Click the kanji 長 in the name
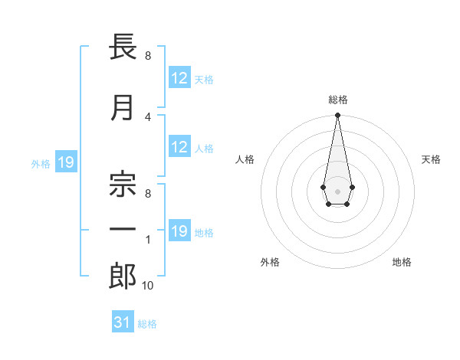123,47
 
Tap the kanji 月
123,109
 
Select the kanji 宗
123,178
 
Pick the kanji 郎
123,277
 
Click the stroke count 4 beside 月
148,116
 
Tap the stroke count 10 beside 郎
148,286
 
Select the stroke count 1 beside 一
148,240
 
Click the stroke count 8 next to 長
148,56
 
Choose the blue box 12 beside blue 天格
179,78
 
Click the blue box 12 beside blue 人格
179,148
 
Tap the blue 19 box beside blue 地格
179,231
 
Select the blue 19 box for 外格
65,162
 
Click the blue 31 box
123,322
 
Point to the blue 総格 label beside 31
147,324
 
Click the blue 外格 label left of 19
41,163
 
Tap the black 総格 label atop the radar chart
337,100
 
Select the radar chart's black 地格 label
402,262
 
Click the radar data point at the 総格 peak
337,116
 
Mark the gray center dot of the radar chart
337,190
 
